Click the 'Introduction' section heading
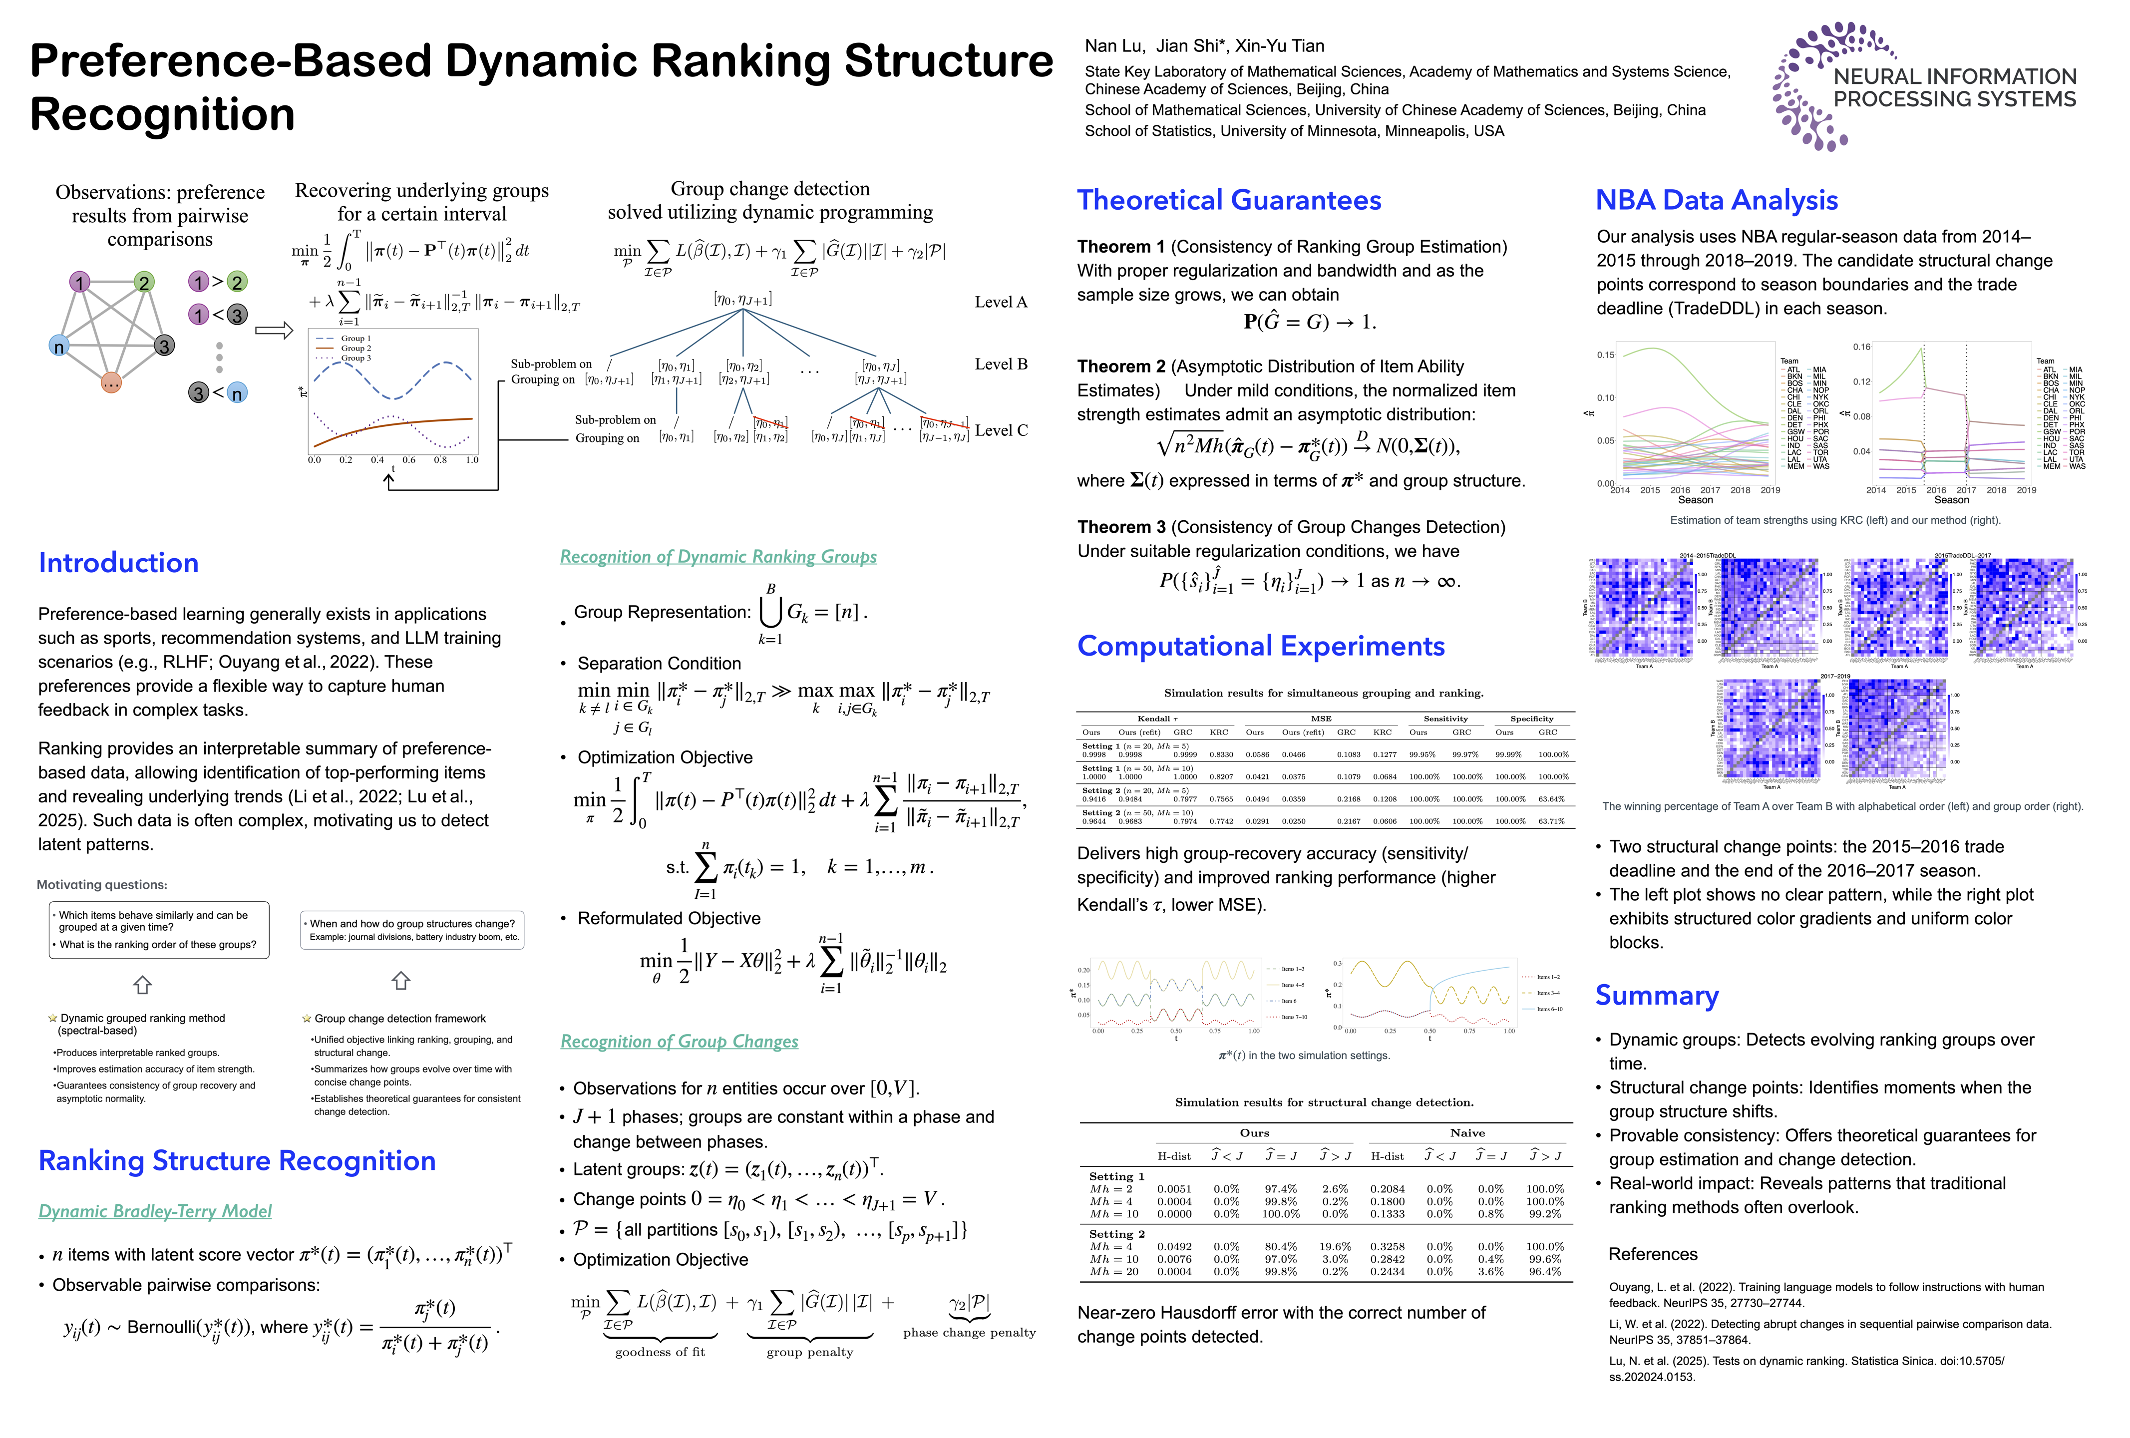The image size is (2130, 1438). click(118, 563)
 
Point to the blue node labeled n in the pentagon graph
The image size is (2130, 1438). click(58, 347)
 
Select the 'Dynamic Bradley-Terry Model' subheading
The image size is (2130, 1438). click(155, 1211)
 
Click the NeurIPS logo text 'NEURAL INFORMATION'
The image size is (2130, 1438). click(1954, 77)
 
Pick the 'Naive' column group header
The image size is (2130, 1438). click(1467, 1133)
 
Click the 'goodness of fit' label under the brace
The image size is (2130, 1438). click(660, 1352)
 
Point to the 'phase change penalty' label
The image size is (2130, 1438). click(969, 1333)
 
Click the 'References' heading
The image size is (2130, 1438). click(1653, 1254)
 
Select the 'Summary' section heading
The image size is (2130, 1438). click(1656, 995)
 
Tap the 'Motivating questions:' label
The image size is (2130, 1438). click(102, 884)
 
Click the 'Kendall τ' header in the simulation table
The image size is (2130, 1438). click(1157, 719)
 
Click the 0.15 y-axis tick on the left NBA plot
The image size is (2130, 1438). click(1606, 355)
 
